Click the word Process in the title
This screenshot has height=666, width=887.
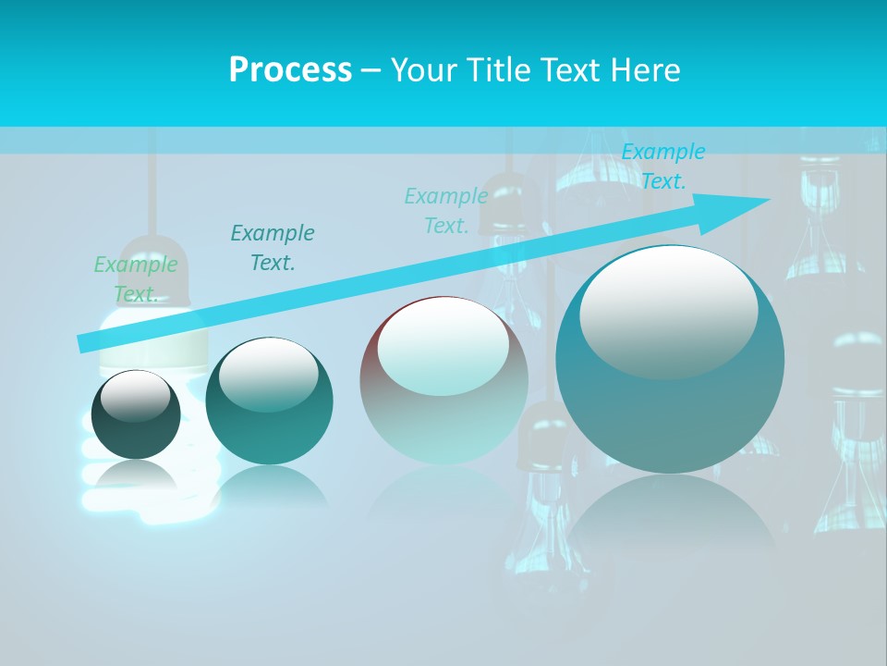point(290,70)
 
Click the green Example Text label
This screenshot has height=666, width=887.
point(135,279)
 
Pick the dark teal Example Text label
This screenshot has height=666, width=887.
point(273,247)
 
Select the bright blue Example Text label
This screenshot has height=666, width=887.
point(662,166)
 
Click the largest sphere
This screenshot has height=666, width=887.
point(670,388)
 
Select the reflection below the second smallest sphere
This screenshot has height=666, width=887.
point(269,486)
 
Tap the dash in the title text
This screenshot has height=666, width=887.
point(371,70)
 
